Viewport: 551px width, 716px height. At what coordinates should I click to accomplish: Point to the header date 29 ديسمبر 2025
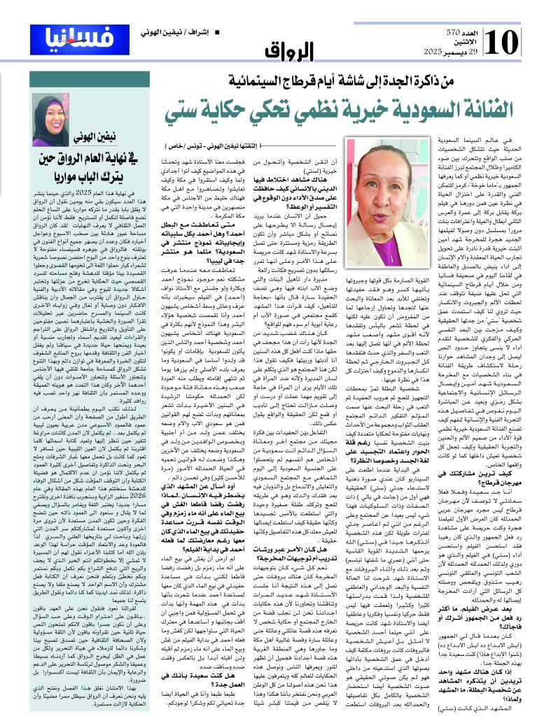click(459, 53)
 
